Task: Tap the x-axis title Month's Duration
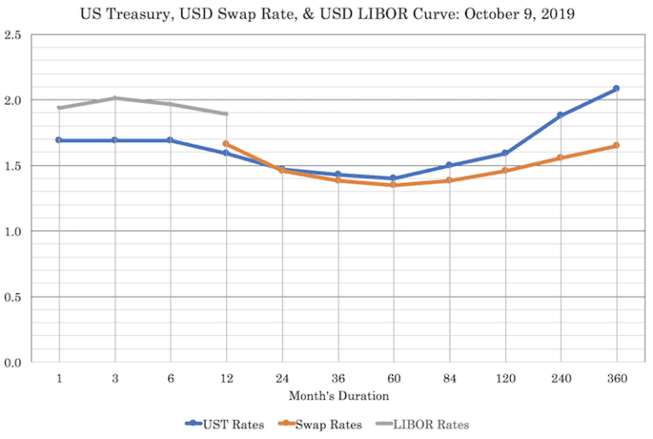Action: point(338,396)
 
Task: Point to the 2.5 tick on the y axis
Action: point(12,35)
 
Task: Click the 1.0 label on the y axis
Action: point(12,231)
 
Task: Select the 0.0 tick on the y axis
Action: point(12,362)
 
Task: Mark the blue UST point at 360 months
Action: point(616,88)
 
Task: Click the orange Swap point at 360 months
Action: point(616,145)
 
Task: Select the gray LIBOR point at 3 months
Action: point(115,98)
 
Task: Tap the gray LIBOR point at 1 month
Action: point(59,108)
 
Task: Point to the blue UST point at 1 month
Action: point(59,140)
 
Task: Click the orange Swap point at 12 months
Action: point(225,144)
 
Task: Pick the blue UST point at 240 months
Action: point(560,115)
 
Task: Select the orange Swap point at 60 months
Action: point(393,185)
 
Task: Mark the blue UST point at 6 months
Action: point(170,140)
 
